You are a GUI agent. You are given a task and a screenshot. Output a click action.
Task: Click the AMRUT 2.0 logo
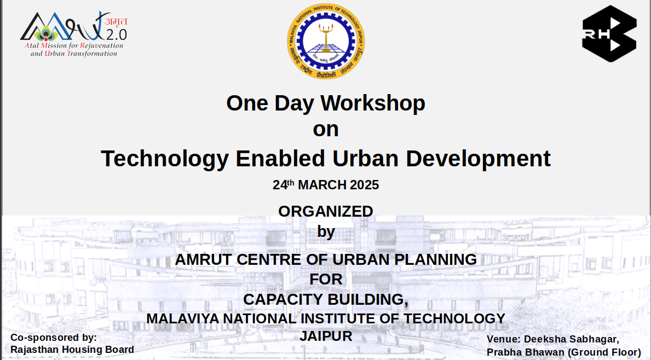pos(73,34)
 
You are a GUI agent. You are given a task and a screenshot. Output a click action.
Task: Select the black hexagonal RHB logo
pos(609,34)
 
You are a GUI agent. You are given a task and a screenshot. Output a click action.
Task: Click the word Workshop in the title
pos(373,103)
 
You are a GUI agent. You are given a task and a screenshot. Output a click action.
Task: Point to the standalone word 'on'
pos(326,130)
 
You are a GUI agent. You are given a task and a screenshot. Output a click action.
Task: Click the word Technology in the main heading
pos(164,159)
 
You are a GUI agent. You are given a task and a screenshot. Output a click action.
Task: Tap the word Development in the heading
pos(478,159)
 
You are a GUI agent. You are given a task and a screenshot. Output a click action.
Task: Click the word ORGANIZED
pos(326,211)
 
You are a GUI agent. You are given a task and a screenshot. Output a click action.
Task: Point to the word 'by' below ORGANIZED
pos(326,232)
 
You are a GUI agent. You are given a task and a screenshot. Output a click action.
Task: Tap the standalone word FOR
pos(326,280)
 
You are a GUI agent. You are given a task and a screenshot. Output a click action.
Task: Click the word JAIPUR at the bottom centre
pos(326,336)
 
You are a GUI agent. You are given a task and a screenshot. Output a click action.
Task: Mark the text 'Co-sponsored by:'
pos(54,338)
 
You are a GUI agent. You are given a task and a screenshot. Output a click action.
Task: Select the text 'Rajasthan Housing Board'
pos(72,350)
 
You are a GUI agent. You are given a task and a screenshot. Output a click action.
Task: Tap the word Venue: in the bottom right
pos(503,339)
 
